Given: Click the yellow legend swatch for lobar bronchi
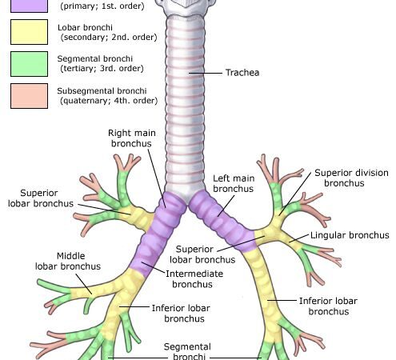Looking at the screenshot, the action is click(29, 32).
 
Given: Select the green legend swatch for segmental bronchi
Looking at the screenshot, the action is click(29, 64).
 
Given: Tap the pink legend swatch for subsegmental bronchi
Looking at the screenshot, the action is click(29, 96).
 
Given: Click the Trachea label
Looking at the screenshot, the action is click(242, 73).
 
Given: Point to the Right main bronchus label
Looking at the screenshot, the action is click(132, 138).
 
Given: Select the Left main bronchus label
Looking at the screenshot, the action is click(234, 183).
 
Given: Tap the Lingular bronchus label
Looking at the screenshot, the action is click(350, 235).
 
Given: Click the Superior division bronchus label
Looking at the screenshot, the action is click(351, 178).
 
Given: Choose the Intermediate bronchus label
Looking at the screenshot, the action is click(194, 279).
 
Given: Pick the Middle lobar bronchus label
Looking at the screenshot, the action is click(68, 261).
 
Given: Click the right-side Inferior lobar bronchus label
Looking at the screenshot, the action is click(328, 306).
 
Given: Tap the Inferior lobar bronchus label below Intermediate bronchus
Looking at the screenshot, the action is click(181, 314).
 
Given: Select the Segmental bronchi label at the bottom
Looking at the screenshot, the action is click(187, 351).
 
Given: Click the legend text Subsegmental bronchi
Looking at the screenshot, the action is click(102, 91).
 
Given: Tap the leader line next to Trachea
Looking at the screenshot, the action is click(206, 73).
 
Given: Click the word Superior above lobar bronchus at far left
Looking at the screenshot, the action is click(39, 193).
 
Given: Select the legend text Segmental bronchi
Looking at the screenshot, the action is click(95, 58).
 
